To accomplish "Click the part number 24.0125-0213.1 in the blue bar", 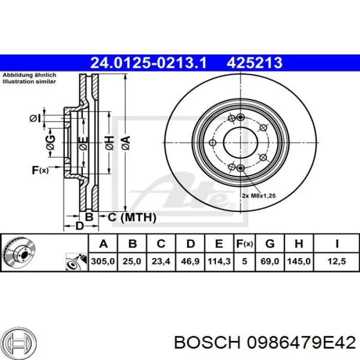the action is [x=149, y=63].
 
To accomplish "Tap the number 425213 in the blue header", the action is [x=255, y=63].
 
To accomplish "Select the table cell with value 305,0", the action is [x=103, y=261].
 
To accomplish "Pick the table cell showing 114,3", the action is [x=219, y=261].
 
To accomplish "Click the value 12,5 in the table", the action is [x=336, y=261].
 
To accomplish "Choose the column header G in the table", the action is [x=270, y=243].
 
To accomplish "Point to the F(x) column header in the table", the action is [x=244, y=243].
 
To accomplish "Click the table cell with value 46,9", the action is [x=190, y=261].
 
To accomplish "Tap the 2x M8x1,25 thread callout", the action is [x=259, y=196].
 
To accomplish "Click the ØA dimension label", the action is [x=126, y=143].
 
